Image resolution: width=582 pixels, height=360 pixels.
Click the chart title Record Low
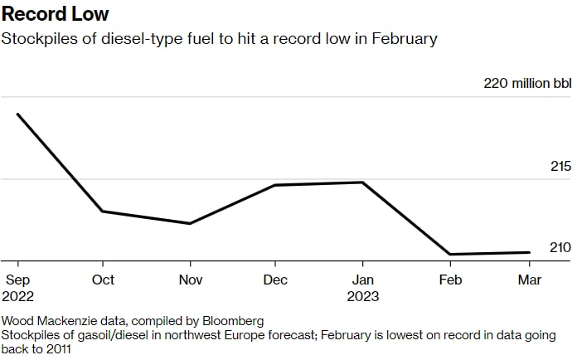click(x=55, y=14)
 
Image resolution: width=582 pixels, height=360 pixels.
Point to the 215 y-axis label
click(x=560, y=167)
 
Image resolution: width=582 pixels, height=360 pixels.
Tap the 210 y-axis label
click(x=560, y=247)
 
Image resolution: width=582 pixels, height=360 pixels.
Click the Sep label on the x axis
click(x=17, y=280)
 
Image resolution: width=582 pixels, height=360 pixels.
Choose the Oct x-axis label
click(x=103, y=280)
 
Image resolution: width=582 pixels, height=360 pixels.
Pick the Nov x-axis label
click(x=191, y=280)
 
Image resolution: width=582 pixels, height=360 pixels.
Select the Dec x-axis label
click(x=275, y=280)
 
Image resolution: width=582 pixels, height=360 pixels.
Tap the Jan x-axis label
click(x=362, y=280)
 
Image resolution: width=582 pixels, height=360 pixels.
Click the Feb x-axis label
click(x=449, y=280)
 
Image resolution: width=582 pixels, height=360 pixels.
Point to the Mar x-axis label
click(x=530, y=280)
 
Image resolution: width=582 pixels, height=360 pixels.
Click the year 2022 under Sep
click(x=18, y=296)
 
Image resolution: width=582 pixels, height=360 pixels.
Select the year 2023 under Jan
click(x=364, y=296)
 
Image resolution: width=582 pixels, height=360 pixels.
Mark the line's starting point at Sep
click(x=17, y=114)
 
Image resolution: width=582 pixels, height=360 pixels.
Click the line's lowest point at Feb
click(x=449, y=254)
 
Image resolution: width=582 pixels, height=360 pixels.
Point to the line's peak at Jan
click(x=363, y=182)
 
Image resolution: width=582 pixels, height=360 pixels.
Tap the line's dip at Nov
click(x=191, y=223)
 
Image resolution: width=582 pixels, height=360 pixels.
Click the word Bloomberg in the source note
click(x=234, y=320)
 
